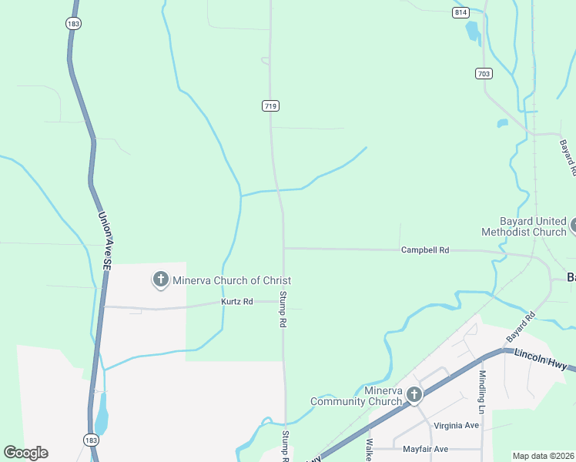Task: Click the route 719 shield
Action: pyautogui.click(x=270, y=106)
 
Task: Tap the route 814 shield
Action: pyautogui.click(x=461, y=12)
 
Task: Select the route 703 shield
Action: pyautogui.click(x=484, y=73)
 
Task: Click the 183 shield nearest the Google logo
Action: pyautogui.click(x=90, y=437)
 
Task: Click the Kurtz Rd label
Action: pyautogui.click(x=237, y=301)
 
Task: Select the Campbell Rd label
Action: pyautogui.click(x=424, y=250)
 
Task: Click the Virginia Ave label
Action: pyautogui.click(x=457, y=425)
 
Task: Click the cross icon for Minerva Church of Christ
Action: pyautogui.click(x=161, y=280)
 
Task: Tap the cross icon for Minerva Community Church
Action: pyautogui.click(x=414, y=396)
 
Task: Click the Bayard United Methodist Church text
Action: pyautogui.click(x=523, y=226)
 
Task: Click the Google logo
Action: pyautogui.click(x=25, y=452)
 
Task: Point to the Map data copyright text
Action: pyautogui.click(x=543, y=456)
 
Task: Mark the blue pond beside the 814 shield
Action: pyautogui.click(x=472, y=31)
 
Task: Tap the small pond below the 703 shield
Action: pyautogui.click(x=503, y=122)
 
